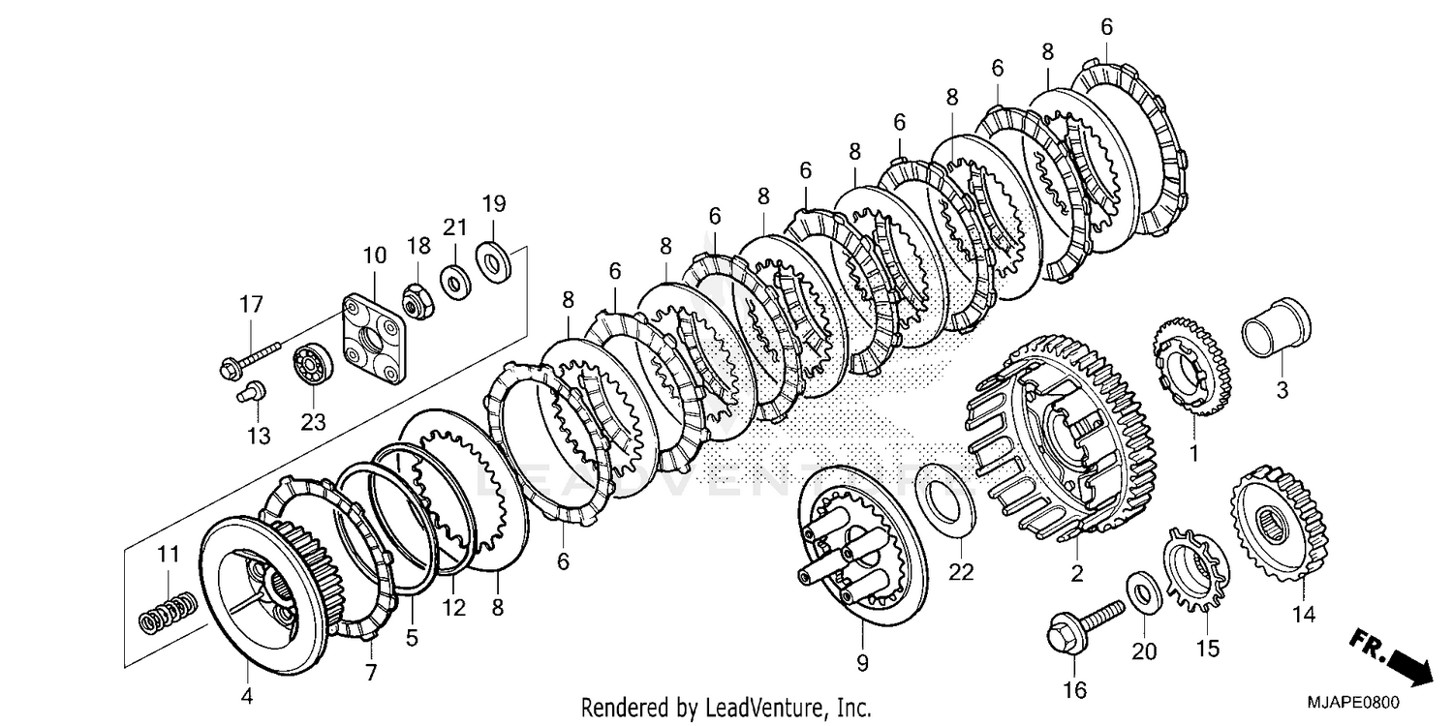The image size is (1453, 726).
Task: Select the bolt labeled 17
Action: [250, 359]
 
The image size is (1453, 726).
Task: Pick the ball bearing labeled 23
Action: [313, 363]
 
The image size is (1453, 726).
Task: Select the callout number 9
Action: [862, 663]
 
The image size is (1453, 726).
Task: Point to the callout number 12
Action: [453, 609]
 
